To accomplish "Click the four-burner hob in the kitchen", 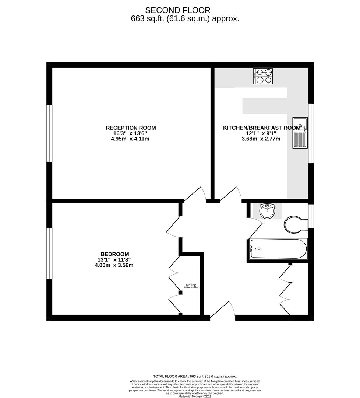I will [263, 76].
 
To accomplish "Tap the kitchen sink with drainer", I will [300, 133].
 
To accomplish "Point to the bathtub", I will [278, 249].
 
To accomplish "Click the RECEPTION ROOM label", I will [131, 128].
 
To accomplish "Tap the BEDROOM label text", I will [115, 254].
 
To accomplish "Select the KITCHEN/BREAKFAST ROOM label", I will [262, 128].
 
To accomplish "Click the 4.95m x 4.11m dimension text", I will [131, 139].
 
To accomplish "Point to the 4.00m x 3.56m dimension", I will [115, 265].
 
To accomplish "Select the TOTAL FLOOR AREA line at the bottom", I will [195, 376].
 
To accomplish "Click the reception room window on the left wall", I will [49, 133].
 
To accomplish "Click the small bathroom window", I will [311, 216].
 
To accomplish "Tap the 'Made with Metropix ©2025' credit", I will [195, 396].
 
